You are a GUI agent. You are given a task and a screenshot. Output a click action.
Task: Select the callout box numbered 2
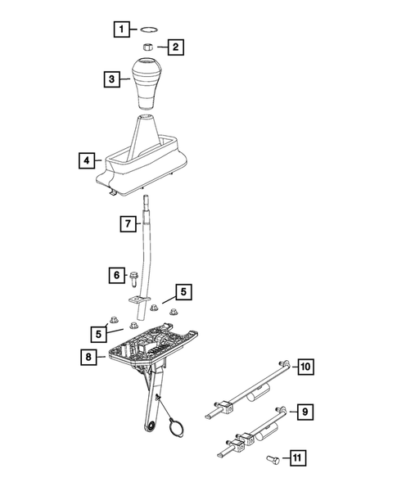point(176,47)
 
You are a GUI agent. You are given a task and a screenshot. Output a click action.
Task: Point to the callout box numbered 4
point(86,160)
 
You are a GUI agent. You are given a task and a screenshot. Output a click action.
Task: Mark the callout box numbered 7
point(128,223)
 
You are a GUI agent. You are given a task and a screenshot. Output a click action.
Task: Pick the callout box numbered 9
point(302,412)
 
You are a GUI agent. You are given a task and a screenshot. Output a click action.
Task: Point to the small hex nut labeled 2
point(151,48)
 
